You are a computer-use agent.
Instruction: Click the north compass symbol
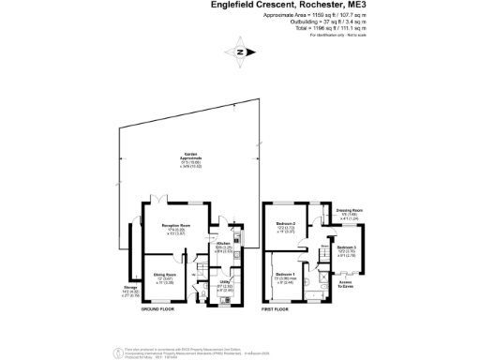click(x=241, y=52)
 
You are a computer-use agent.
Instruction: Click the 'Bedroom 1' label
click(x=285, y=274)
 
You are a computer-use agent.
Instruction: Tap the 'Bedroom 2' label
click(x=285, y=224)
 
